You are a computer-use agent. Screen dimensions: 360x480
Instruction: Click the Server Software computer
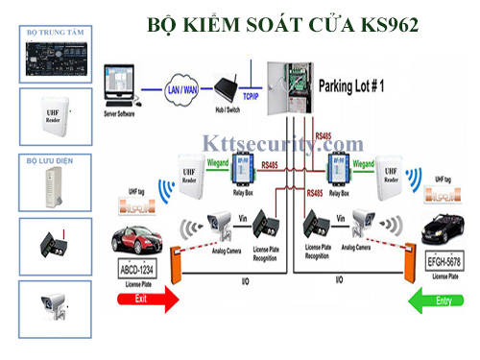tap(121, 86)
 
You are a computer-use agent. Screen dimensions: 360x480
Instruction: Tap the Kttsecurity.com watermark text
tap(284, 144)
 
